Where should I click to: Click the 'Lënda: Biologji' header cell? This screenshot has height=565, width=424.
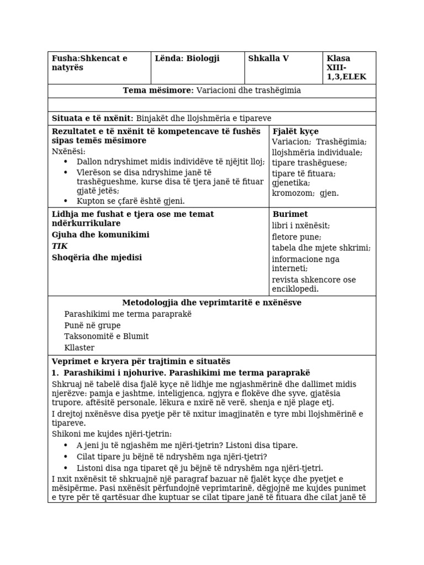(x=187, y=58)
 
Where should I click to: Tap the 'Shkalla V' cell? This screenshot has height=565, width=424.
(x=268, y=58)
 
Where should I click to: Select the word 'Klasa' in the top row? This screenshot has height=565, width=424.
(x=338, y=58)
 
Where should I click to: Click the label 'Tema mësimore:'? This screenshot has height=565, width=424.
(x=158, y=90)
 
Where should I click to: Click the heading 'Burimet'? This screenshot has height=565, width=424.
(x=290, y=214)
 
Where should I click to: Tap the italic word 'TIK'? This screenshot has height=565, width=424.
(x=60, y=246)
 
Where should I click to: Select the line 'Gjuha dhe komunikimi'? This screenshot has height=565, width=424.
(x=100, y=235)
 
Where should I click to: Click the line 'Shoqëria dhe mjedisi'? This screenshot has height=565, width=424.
(x=97, y=258)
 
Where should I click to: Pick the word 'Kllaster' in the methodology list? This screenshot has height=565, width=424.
(x=79, y=348)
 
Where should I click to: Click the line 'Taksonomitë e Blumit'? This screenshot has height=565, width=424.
(x=106, y=336)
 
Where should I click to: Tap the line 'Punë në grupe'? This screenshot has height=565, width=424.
(x=92, y=325)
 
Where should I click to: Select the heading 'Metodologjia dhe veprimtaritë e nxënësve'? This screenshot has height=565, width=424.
(x=211, y=302)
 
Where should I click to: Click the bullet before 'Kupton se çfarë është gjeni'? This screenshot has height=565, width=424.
(x=66, y=201)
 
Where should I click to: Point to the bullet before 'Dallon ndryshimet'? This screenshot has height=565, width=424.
(x=66, y=162)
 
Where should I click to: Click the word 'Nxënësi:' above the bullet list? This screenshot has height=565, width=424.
(x=69, y=151)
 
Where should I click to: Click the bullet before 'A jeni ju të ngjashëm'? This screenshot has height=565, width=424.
(x=66, y=445)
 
